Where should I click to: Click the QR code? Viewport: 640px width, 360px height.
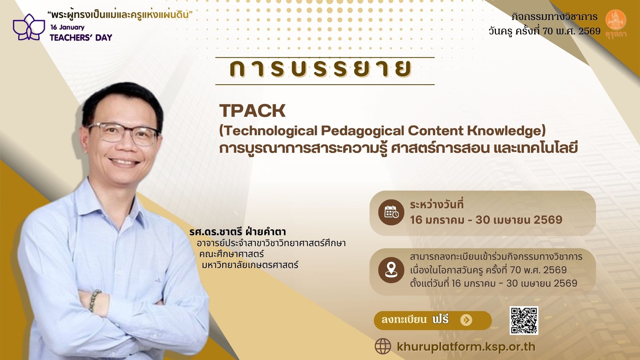(x=524, y=320)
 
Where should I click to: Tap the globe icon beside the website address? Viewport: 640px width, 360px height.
(x=383, y=347)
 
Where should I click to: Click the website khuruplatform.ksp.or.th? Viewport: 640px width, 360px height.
(x=466, y=347)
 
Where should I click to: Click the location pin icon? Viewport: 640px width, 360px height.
(x=391, y=270)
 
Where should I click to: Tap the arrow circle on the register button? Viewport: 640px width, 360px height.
(x=466, y=320)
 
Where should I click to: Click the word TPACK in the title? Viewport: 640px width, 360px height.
(x=252, y=111)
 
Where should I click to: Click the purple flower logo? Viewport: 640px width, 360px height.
(x=27, y=27)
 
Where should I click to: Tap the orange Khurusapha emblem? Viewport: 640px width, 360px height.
(x=615, y=22)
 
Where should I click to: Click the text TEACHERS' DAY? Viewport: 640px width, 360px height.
(x=81, y=38)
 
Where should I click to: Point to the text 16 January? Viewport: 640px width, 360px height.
(x=67, y=27)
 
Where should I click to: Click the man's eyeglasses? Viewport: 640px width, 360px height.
(x=123, y=132)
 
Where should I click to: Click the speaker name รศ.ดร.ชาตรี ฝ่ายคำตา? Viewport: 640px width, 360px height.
(x=237, y=232)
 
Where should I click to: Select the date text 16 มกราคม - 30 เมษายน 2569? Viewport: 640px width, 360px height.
(x=486, y=220)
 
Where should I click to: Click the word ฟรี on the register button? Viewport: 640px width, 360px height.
(x=441, y=319)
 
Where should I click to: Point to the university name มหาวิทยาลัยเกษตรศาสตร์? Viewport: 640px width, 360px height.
(x=250, y=265)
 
